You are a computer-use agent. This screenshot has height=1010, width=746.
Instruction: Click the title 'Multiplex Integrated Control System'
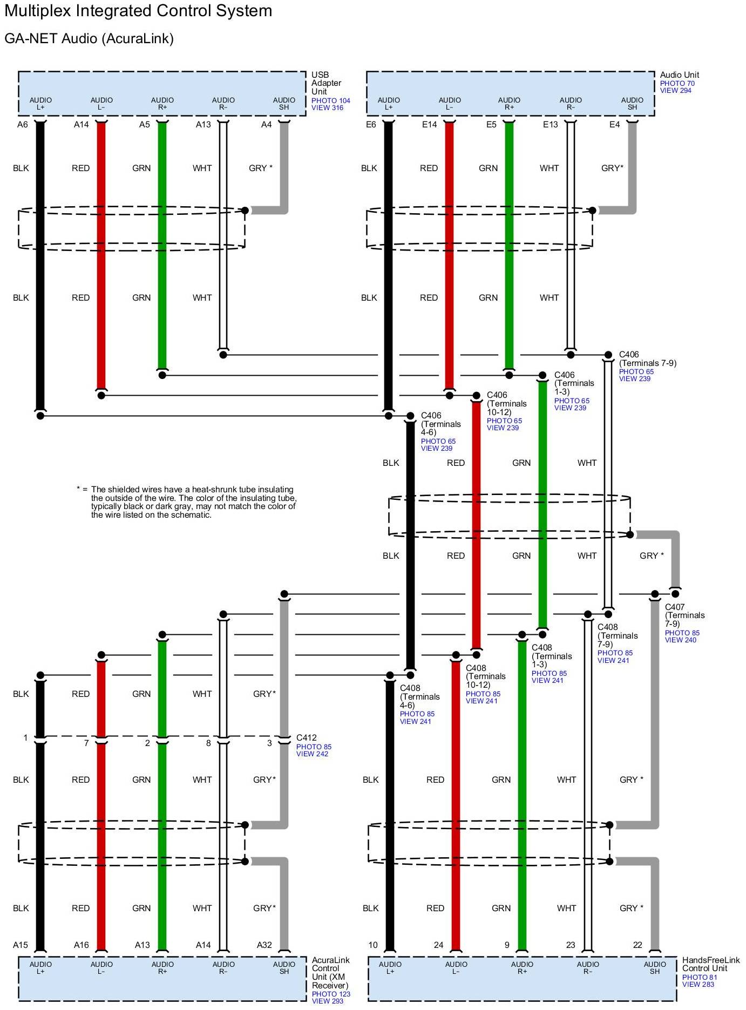pyautogui.click(x=138, y=11)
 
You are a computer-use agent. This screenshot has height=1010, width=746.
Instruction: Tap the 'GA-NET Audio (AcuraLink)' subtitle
pyautogui.click(x=89, y=39)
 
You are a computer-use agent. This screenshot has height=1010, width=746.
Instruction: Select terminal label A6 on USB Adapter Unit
pyautogui.click(x=22, y=125)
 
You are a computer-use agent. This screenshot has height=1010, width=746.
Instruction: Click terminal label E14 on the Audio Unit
pyautogui.click(x=429, y=125)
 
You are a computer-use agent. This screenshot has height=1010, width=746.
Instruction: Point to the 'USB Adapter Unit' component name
pyautogui.click(x=326, y=83)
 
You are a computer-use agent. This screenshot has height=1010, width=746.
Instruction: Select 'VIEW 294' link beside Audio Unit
pyautogui.click(x=675, y=91)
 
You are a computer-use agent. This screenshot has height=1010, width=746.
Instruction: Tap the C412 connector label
pyautogui.click(x=306, y=737)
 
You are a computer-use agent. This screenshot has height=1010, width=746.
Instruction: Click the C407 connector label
pyautogui.click(x=675, y=607)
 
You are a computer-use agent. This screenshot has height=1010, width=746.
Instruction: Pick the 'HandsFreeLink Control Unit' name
pyautogui.click(x=710, y=964)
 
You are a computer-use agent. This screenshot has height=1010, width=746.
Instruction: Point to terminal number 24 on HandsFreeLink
pyautogui.click(x=438, y=945)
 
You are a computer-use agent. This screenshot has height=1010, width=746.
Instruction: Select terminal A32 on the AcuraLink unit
pyautogui.click(x=264, y=945)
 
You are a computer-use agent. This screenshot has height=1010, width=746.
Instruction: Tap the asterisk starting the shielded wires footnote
pyautogui.click(x=79, y=489)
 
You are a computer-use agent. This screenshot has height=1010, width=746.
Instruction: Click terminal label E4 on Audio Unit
pyautogui.click(x=614, y=125)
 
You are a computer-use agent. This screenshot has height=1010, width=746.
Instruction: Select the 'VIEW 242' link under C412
pyautogui.click(x=312, y=754)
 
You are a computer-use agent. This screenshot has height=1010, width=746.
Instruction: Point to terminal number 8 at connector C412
pyautogui.click(x=208, y=743)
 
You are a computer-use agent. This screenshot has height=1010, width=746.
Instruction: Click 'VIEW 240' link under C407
pyautogui.click(x=680, y=640)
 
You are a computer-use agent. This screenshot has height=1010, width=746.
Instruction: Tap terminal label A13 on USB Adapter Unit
pyautogui.click(x=203, y=125)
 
